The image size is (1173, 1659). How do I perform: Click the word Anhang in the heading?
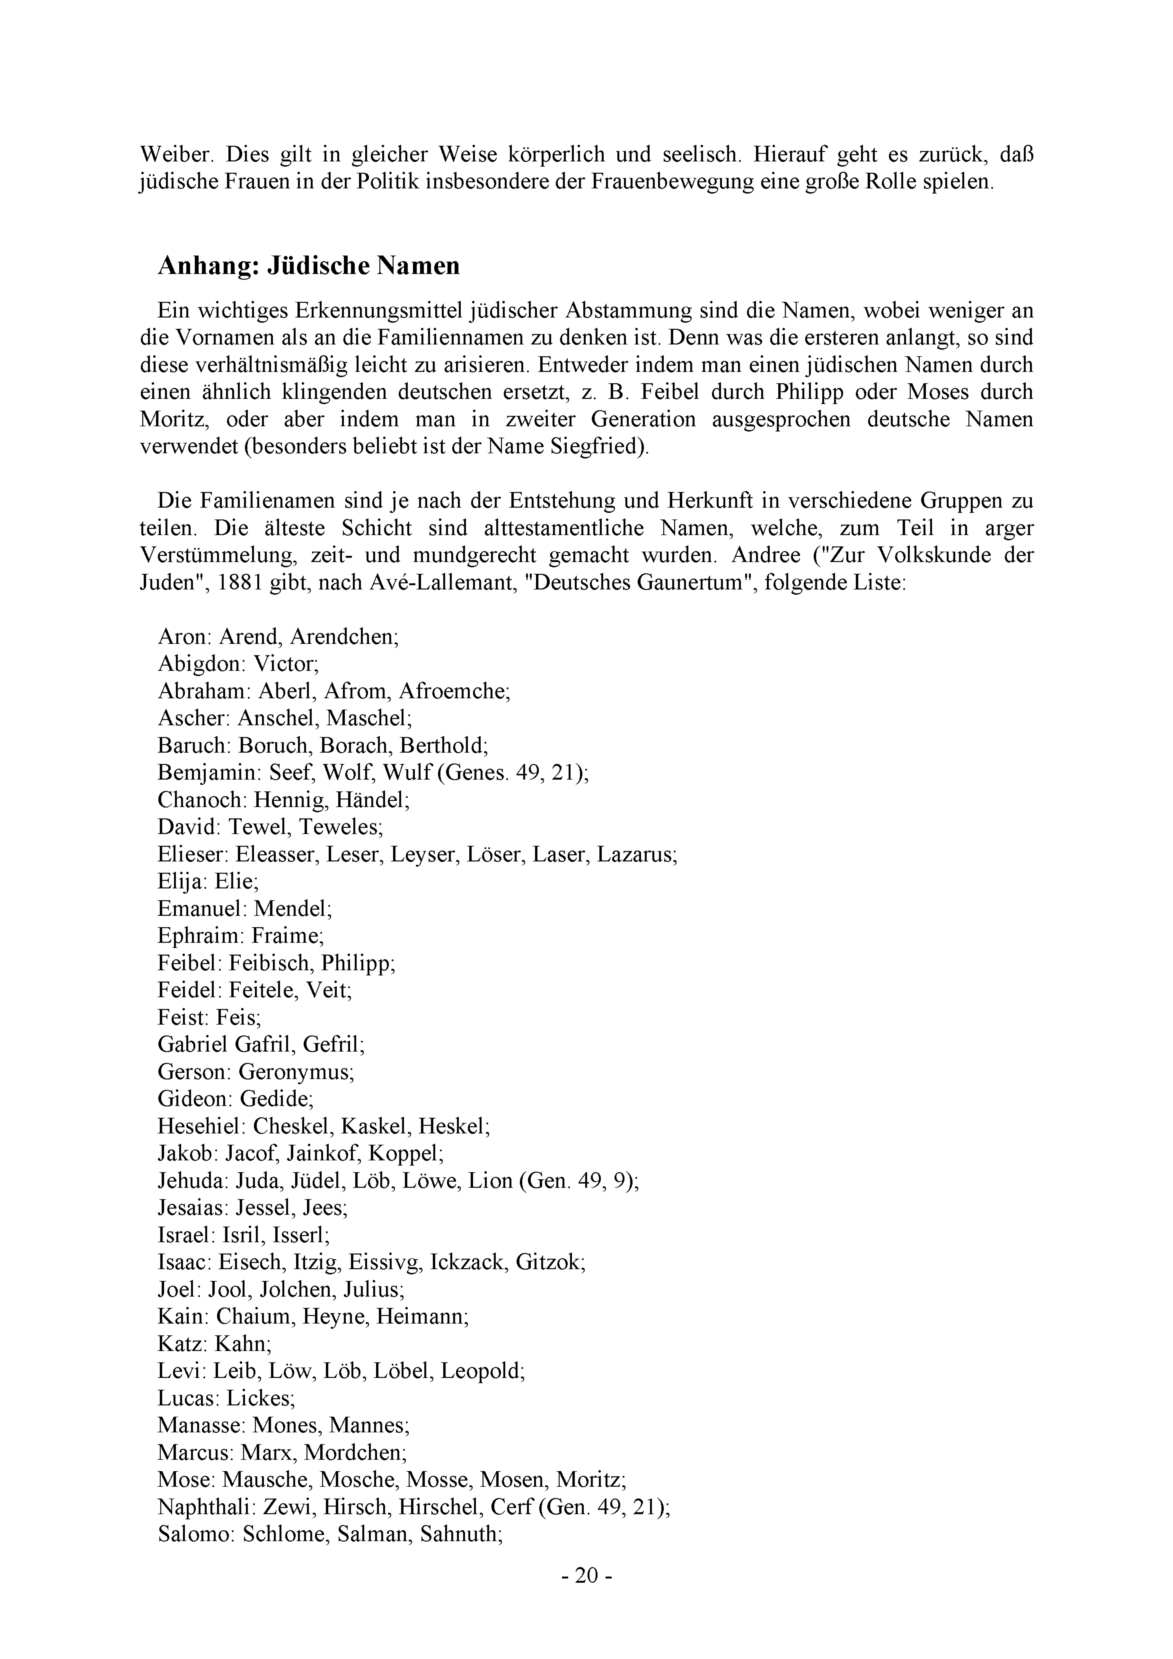[x=208, y=266]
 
